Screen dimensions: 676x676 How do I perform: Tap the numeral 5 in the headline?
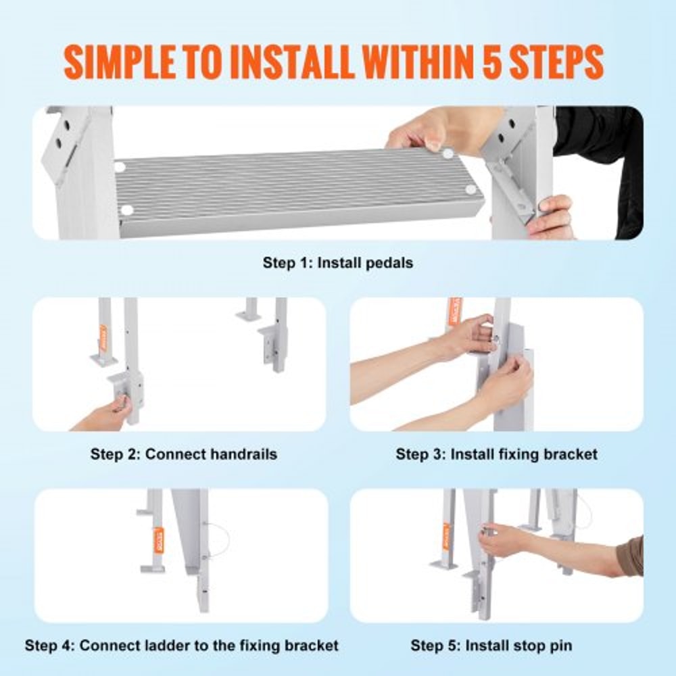[481, 63]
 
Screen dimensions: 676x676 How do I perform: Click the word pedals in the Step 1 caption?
[389, 263]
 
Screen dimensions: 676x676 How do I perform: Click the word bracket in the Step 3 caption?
[572, 454]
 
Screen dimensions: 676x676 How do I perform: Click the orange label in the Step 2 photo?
[103, 338]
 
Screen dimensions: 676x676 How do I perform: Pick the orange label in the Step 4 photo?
[158, 539]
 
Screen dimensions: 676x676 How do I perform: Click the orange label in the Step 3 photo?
[451, 313]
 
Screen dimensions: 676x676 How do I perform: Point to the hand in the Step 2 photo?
[108, 414]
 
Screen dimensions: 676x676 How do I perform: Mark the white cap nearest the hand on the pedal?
[448, 154]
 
